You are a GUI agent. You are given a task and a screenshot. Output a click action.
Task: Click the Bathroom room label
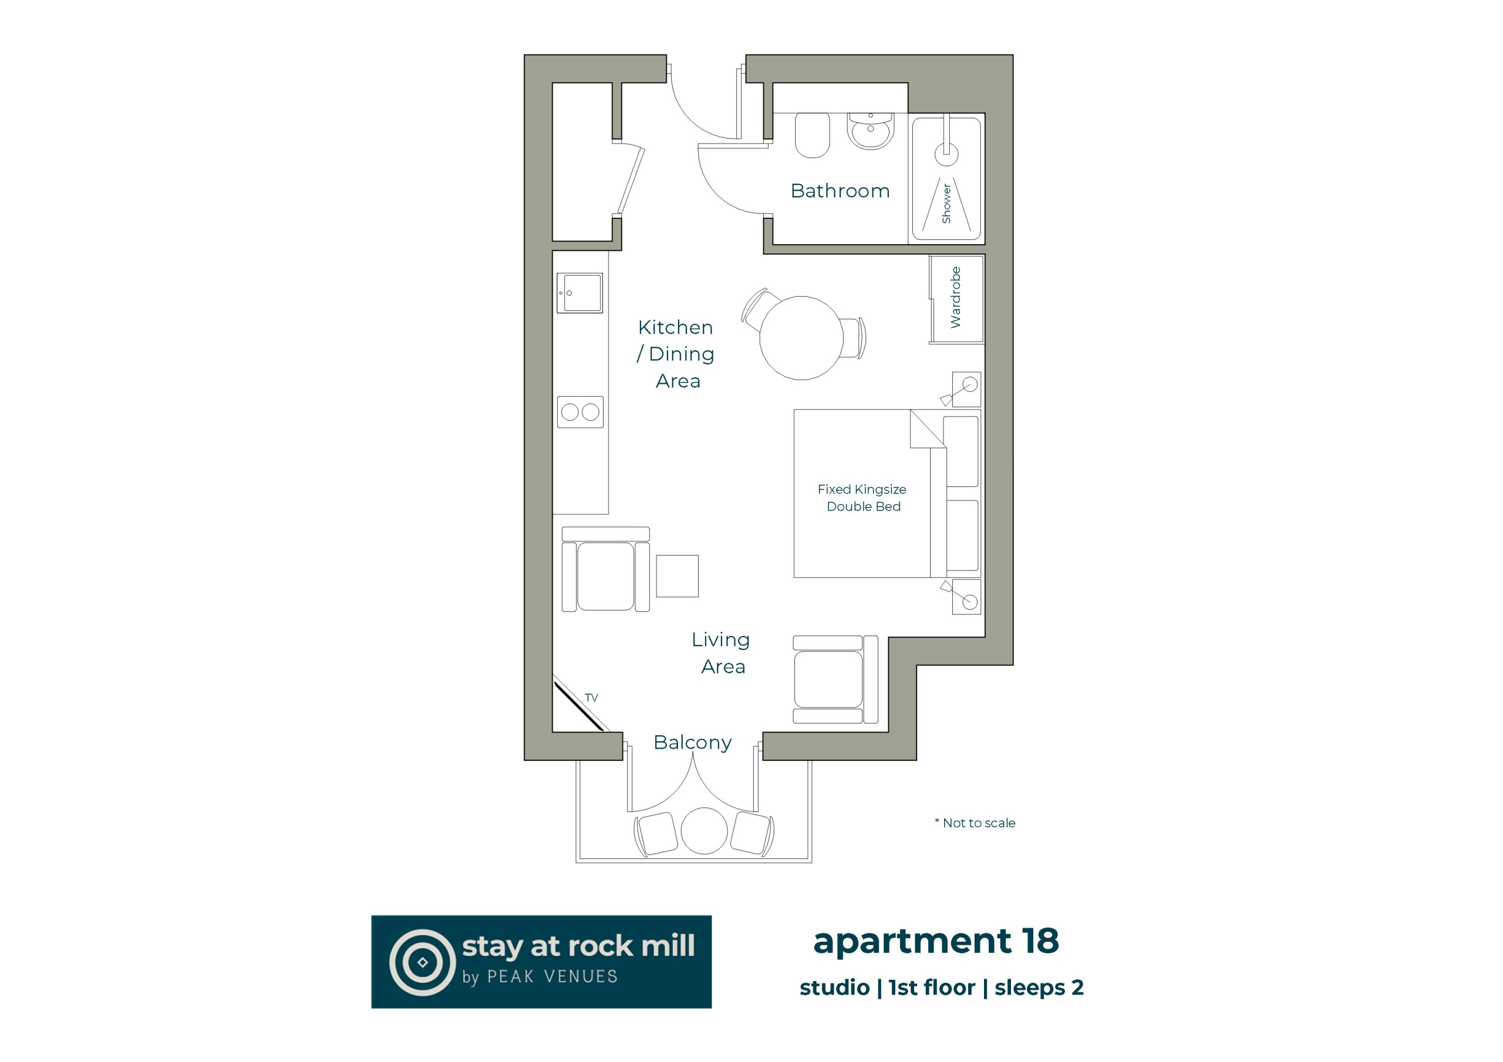pos(840,191)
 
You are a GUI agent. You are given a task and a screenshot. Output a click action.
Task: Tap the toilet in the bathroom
pos(813,136)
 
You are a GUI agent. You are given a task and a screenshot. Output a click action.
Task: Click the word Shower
pos(946,204)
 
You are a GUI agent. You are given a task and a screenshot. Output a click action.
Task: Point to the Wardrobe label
pos(956,297)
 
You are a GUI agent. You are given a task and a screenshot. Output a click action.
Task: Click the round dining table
pos(801,337)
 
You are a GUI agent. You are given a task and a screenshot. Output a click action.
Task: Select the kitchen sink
pos(580,293)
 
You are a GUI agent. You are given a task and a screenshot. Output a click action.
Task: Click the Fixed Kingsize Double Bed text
pos(862,498)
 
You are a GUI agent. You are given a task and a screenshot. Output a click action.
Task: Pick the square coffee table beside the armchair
pos(678,576)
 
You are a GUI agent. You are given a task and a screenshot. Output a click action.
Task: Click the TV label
pos(592,698)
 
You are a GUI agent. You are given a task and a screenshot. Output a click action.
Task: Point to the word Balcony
pos(693,743)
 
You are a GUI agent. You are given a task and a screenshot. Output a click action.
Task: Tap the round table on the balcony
pos(705,831)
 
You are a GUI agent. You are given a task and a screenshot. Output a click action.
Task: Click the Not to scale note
pos(975,823)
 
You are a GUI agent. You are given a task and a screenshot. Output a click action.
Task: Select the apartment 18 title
pos(936,942)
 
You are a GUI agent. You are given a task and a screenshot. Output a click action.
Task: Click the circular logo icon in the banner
pos(423,962)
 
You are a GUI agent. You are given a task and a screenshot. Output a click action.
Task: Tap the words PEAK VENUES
pos(552,977)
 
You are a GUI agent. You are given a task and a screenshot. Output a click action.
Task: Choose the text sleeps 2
pos(1039,988)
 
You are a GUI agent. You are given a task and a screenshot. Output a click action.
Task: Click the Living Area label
pos(722,653)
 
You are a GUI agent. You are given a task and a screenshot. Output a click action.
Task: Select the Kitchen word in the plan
pos(676,327)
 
